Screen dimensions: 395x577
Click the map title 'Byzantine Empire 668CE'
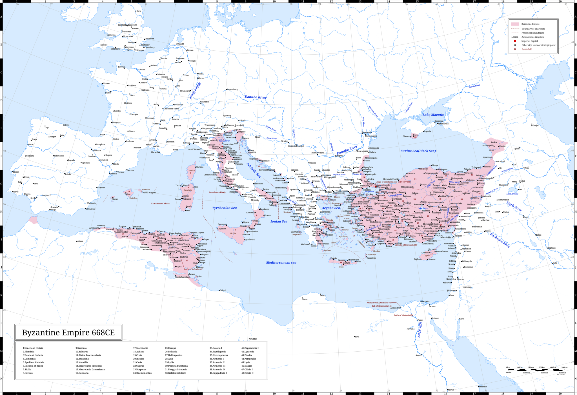pyautogui.click(x=68, y=332)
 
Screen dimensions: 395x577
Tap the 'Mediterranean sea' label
pyautogui.click(x=281, y=262)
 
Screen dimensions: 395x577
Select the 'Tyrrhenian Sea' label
pyautogui.click(x=224, y=208)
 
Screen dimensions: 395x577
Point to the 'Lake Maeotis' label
pyautogui.click(x=433, y=115)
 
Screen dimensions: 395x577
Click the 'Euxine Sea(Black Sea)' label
pyautogui.click(x=418, y=151)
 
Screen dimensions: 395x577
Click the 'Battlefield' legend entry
pyautogui.click(x=527, y=49)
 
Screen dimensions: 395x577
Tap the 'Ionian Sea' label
pyautogui.click(x=279, y=221)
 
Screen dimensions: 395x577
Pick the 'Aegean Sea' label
pyautogui.click(x=331, y=208)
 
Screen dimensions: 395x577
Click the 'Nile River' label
pyautogui.click(x=420, y=330)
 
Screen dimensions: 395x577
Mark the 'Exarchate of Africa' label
pyautogui.click(x=160, y=203)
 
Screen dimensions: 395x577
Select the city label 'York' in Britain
pyautogui.click(x=138, y=11)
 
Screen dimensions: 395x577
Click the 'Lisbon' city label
pyautogui.click(x=16, y=172)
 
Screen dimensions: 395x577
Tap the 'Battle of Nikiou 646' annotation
pyautogui.click(x=402, y=315)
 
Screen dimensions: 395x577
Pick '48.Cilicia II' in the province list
pyautogui.click(x=247, y=373)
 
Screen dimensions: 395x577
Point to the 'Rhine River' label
pyautogui.click(x=195, y=90)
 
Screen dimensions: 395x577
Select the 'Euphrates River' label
pyautogui.click(x=500, y=240)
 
